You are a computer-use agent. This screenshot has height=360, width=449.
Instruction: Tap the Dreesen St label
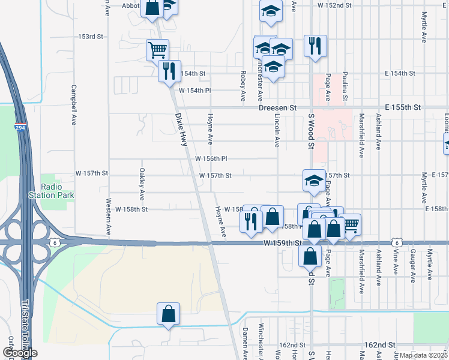pos(278,107)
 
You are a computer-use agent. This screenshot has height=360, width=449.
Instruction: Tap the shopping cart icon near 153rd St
pos(157,49)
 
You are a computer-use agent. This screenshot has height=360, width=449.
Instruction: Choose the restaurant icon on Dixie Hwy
pos(169,71)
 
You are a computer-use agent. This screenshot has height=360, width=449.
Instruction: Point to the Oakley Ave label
pos(142,184)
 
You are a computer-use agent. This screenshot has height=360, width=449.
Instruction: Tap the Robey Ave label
pos(243,85)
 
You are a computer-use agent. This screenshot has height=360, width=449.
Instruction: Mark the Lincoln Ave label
pos(277,131)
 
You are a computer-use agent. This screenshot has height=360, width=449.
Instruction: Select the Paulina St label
pos(345,85)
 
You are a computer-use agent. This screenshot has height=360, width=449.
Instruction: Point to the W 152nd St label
pos(334,5)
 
